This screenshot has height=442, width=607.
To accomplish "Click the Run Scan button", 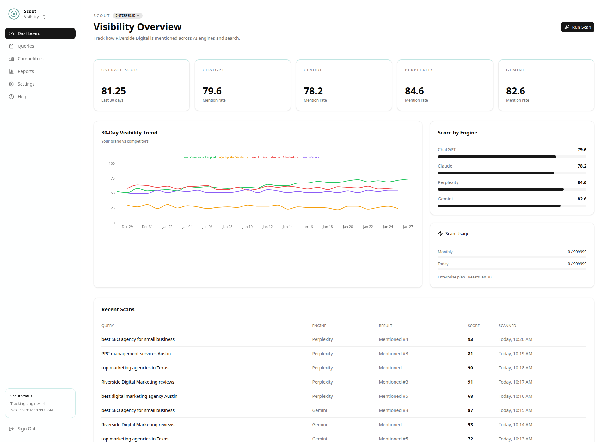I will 577,27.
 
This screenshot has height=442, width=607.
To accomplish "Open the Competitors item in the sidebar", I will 30,59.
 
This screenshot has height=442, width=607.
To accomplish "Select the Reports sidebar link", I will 26,71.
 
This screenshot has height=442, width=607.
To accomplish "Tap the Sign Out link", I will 27,429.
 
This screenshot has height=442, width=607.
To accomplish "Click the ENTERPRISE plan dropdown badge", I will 127,15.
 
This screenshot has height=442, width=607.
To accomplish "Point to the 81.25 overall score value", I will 113,91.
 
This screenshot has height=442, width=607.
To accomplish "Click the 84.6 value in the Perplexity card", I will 414,91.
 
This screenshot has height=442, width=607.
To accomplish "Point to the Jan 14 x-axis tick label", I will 287,227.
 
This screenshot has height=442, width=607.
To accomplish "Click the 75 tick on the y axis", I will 113,178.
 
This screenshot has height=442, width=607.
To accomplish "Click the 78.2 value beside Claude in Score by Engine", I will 582,166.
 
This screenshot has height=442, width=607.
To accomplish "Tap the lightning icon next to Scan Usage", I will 440,234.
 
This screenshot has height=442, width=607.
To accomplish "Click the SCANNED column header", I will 507,326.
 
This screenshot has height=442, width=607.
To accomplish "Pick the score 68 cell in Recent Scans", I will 470,396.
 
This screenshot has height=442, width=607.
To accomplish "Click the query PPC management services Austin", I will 136,354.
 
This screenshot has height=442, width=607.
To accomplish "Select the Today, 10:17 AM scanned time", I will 515,382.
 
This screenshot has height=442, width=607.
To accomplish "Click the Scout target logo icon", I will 14,14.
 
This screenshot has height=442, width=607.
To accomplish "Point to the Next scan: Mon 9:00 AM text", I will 32,410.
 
